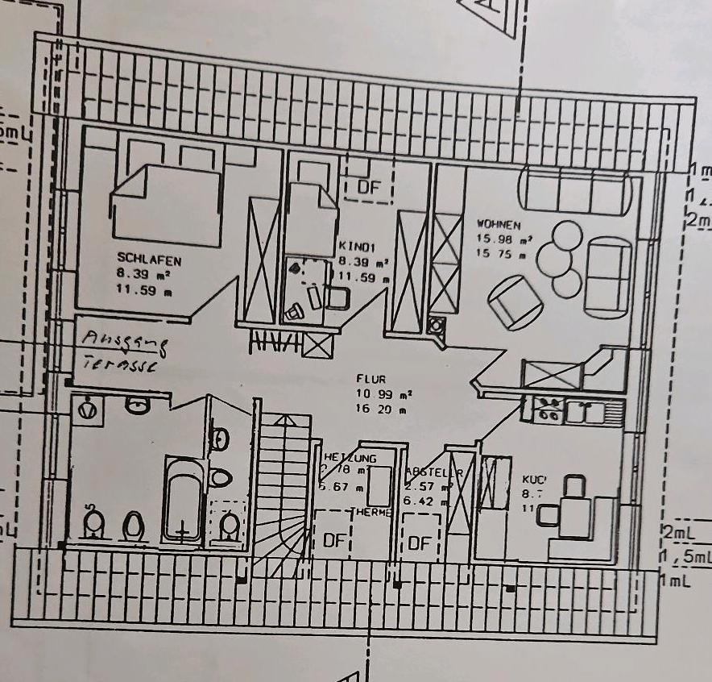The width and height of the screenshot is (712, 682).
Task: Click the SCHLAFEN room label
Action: pyautogui.click(x=149, y=260)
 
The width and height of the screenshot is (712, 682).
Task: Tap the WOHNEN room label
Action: pyautogui.click(x=499, y=224)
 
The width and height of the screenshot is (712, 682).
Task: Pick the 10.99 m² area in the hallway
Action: pyautogui.click(x=383, y=393)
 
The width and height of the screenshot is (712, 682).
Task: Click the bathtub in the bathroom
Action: pyautogui.click(x=184, y=500)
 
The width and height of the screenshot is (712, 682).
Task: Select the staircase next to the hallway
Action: pyautogui.click(x=283, y=492)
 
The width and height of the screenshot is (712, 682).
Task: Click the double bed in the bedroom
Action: pyautogui.click(x=167, y=206)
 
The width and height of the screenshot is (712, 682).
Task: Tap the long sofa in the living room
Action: pyautogui.click(x=575, y=190)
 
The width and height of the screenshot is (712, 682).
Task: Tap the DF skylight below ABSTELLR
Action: pyautogui.click(x=420, y=543)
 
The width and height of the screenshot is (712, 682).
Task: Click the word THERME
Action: pyautogui.click(x=370, y=512)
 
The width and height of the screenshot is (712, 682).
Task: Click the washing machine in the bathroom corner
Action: pyautogui.click(x=88, y=410)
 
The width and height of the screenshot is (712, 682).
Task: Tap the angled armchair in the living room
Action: pyautogui.click(x=513, y=301)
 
